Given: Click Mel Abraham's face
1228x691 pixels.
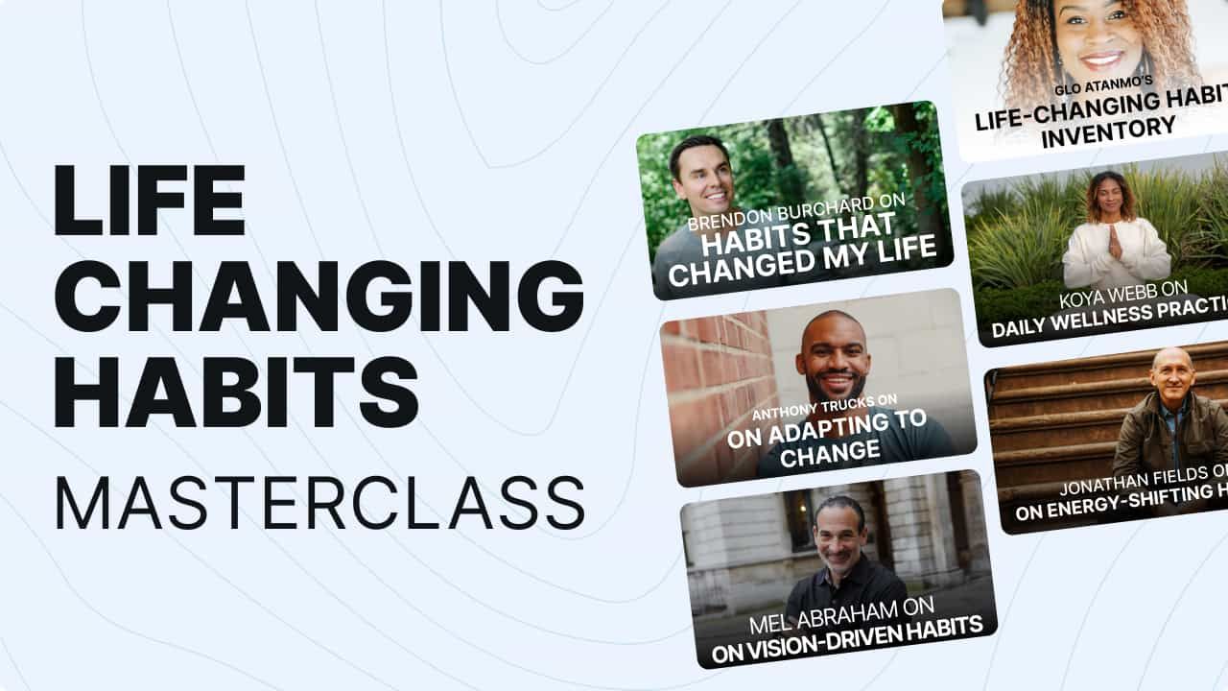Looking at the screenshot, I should click(x=840, y=534).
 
